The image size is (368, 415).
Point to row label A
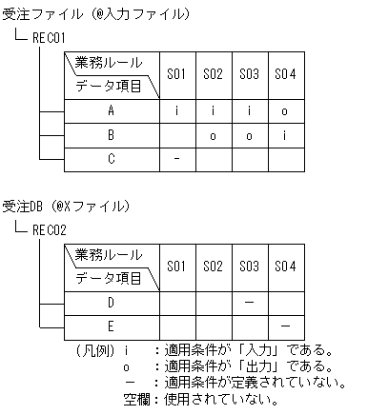pos(111,110)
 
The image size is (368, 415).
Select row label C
pos(111,158)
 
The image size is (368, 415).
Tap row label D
pos(111,302)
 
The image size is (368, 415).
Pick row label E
pos(111,326)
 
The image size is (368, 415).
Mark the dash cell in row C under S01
pos(175,158)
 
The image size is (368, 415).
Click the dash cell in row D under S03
pos(248,302)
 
